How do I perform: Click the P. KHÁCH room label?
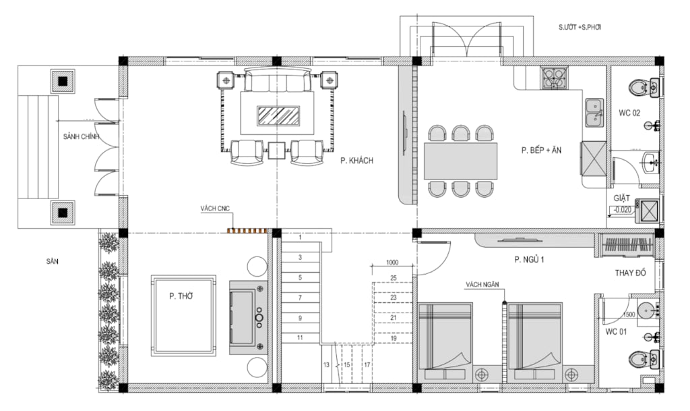point(356,161)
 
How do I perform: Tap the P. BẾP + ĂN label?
point(541,150)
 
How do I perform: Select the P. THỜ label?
point(181,296)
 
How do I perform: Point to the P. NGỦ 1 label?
point(530,259)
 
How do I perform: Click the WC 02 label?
point(629,113)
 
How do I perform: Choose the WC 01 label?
point(616,332)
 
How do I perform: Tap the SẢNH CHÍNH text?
point(81,136)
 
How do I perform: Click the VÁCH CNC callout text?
point(215,209)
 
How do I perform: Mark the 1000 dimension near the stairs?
point(392,263)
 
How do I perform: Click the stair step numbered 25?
point(394,278)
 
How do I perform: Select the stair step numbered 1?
point(300,238)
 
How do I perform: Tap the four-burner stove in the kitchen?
point(554,78)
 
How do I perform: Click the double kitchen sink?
point(594,113)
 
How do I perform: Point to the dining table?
point(461,161)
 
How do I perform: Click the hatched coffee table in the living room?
point(278,116)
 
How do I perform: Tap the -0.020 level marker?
point(622,210)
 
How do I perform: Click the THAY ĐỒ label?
point(630,273)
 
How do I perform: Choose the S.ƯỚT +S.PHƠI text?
point(580,27)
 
